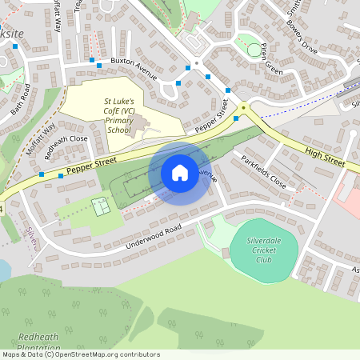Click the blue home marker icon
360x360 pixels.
tap(180, 173)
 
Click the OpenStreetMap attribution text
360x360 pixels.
tap(80, 354)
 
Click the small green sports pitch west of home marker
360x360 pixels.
tap(100, 206)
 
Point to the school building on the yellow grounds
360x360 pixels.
tap(137, 124)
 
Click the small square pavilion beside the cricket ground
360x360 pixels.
tap(226, 253)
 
